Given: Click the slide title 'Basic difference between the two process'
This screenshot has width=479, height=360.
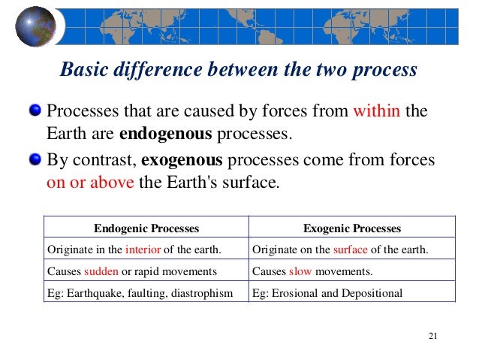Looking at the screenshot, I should click(x=238, y=70).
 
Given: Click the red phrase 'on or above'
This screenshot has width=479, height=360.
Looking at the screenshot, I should click(x=90, y=182).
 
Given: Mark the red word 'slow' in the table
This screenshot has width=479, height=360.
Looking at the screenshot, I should click(x=300, y=271).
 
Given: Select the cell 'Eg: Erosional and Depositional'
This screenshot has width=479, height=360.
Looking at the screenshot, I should click(x=327, y=293).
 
